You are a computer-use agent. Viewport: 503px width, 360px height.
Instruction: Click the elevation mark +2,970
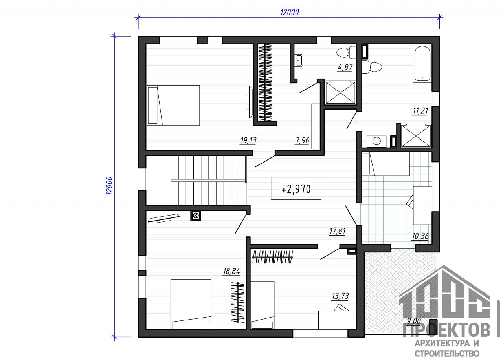point(296,189)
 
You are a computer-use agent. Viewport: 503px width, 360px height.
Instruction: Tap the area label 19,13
point(248,141)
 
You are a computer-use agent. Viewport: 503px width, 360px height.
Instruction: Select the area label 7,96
point(302,141)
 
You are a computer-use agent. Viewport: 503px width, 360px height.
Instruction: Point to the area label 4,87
point(345,67)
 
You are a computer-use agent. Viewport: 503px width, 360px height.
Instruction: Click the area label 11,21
point(420,111)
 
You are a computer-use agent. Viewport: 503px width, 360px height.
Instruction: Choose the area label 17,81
point(337,231)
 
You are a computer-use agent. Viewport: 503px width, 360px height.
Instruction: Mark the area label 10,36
point(420,236)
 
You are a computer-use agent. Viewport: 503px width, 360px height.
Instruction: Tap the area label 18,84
point(231,271)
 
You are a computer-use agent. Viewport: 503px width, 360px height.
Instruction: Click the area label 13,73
point(340,296)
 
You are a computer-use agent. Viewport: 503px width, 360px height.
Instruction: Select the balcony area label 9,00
point(414,321)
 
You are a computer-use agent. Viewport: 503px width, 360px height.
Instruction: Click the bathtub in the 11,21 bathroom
point(422,63)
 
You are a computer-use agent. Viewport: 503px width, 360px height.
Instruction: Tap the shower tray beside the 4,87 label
point(340,93)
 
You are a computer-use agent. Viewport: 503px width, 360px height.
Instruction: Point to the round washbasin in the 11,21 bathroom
point(376,141)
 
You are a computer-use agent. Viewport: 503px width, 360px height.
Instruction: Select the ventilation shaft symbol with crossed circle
point(196,216)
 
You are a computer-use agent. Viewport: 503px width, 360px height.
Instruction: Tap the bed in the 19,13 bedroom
point(173,105)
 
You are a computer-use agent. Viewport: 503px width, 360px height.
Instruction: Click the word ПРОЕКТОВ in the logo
point(446,330)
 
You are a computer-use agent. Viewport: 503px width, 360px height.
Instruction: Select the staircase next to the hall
point(208,180)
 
